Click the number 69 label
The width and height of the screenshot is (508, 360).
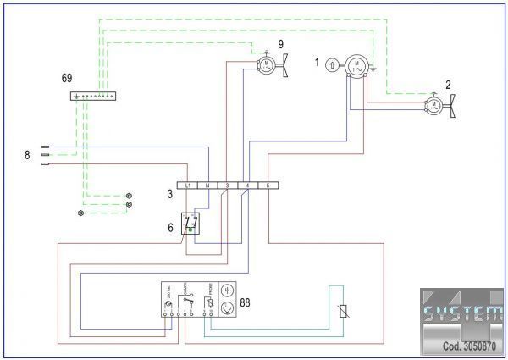[67, 77]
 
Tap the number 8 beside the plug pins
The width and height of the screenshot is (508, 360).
[28, 155]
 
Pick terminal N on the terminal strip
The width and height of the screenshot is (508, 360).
[207, 185]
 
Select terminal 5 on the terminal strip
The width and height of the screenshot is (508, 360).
[268, 185]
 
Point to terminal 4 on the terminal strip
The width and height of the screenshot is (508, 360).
[246, 185]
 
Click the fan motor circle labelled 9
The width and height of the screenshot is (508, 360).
[265, 64]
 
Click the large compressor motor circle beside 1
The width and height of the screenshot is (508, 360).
[357, 65]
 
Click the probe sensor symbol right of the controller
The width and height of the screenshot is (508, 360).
[342, 311]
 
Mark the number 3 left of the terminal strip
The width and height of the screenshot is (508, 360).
[169, 195]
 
